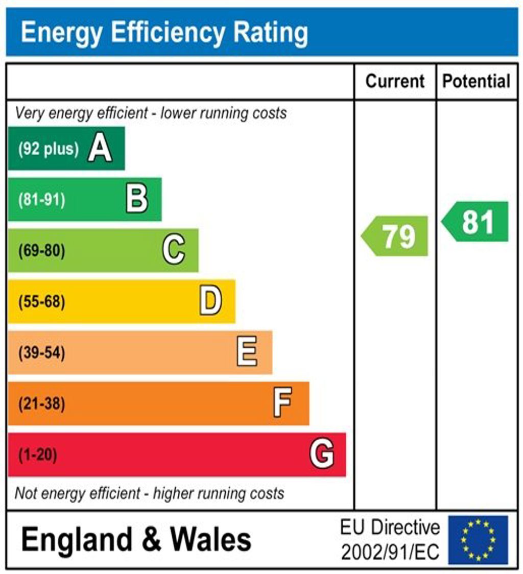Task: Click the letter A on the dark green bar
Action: tap(100, 149)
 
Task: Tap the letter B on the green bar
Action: tap(137, 199)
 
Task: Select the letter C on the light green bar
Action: tap(174, 250)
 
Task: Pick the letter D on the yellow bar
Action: tap(210, 301)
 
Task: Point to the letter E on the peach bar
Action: tap(247, 352)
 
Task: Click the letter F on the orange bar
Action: tap(283, 403)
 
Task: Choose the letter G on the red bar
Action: tap(322, 454)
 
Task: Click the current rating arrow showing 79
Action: tap(396, 236)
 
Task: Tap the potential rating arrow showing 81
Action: tap(476, 222)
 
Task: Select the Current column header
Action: tap(395, 82)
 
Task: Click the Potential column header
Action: tap(476, 82)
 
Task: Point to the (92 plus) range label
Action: tap(49, 149)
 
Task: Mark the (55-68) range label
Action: tap(42, 302)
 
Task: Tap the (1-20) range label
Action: tap(38, 455)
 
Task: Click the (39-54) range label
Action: tap(42, 353)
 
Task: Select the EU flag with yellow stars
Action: tap(478, 540)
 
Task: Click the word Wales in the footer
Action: tap(210, 540)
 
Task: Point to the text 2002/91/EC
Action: tap(390, 552)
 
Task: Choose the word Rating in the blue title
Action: tap(271, 33)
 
